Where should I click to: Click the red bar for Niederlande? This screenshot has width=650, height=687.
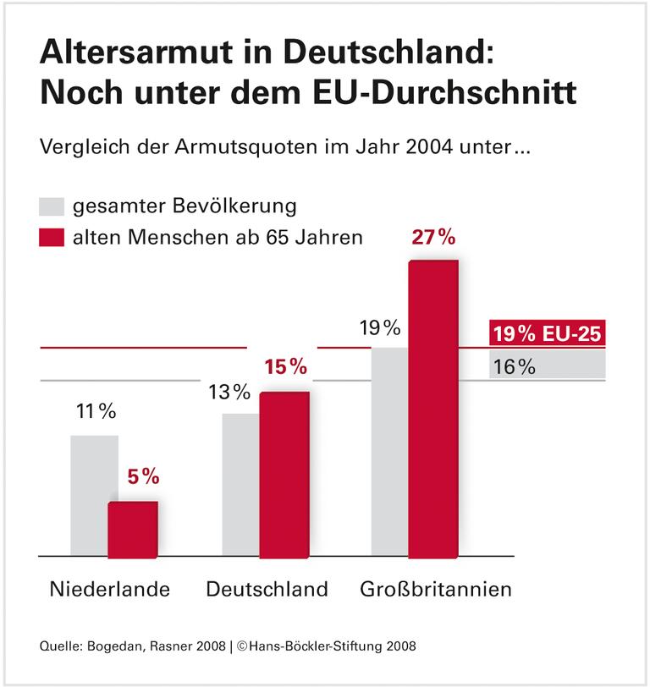(132, 529)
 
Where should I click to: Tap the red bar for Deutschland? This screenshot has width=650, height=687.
(284, 474)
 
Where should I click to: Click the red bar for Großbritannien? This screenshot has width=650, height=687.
(433, 409)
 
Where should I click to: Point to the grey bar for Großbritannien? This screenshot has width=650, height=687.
(389, 452)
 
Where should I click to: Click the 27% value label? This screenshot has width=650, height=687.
(433, 238)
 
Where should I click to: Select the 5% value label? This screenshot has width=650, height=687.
(143, 476)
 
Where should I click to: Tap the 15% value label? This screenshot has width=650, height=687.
(285, 367)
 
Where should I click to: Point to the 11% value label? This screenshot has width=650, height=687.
(96, 412)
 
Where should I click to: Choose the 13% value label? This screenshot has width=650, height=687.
(229, 392)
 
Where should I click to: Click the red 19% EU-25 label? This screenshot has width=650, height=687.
(547, 334)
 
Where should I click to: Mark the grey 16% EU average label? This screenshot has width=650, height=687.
(514, 367)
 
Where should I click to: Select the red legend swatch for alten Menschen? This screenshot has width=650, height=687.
(52, 238)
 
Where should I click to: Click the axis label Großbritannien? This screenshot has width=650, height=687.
(436, 589)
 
